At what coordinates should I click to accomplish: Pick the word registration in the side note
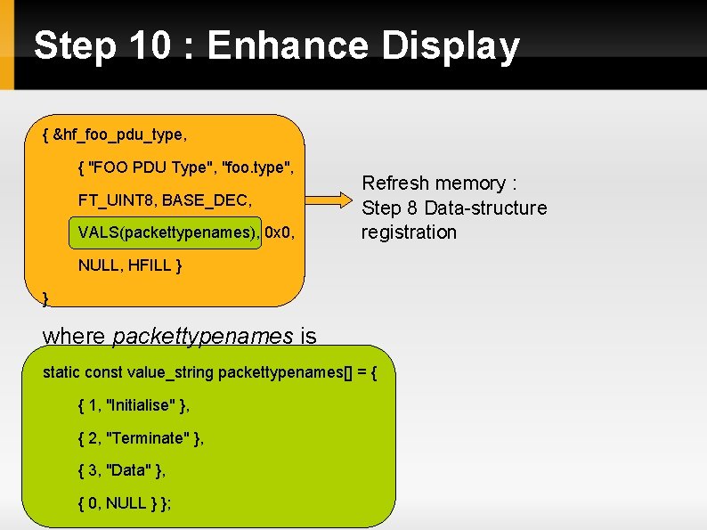(x=409, y=232)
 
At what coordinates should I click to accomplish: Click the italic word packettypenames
(x=203, y=336)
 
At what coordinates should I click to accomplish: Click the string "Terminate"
(x=147, y=438)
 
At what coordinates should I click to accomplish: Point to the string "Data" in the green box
(x=128, y=470)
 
